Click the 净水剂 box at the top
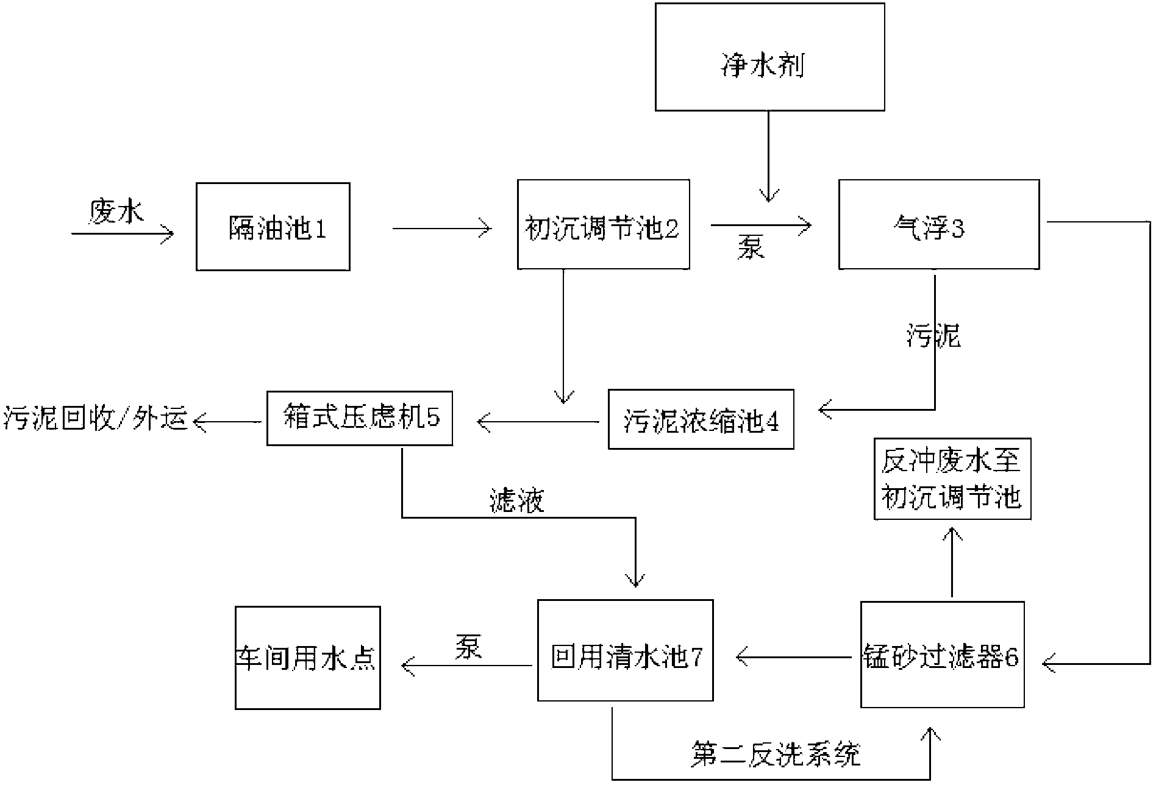tap(769, 57)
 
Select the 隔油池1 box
tap(273, 227)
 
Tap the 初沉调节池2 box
tap(603, 224)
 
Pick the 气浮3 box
tap(938, 224)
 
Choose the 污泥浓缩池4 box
tap(701, 419)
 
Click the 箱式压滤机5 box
tap(360, 418)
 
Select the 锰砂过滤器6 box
tap(942, 655)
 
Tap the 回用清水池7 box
tap(625, 650)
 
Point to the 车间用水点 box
tap(307, 658)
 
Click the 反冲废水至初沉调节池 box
tap(952, 478)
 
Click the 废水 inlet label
tap(116, 212)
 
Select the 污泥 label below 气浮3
tap(933, 336)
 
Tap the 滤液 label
tap(517, 501)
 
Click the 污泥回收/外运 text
tap(95, 420)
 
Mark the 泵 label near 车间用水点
tap(468, 647)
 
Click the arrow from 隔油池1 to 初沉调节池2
tap(441, 229)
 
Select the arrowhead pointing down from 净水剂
tap(768, 195)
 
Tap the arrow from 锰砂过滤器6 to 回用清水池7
tap(793, 657)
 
